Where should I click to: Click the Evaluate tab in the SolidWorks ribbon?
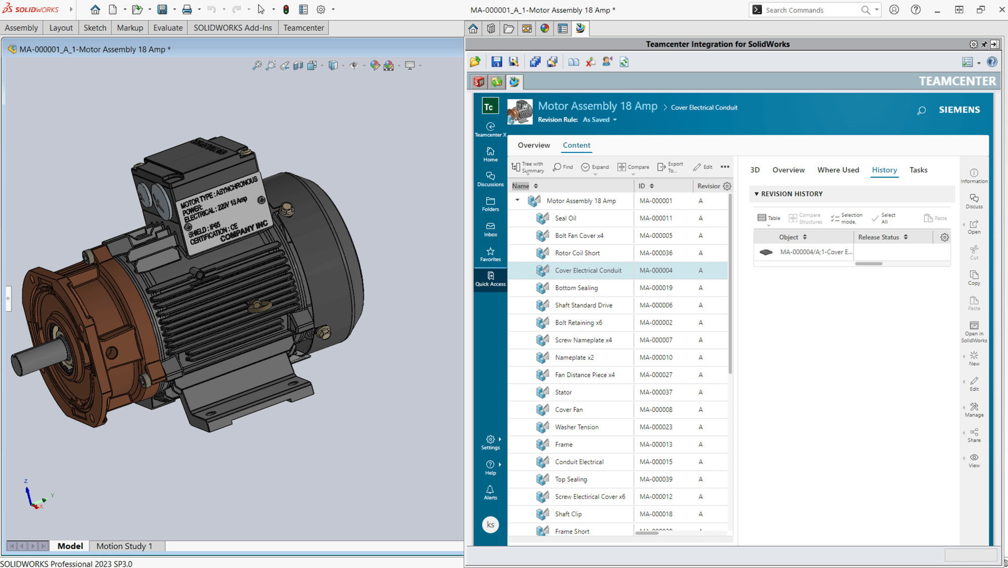coord(168,28)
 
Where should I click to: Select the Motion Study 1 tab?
coord(124,546)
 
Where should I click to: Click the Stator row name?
coord(563,392)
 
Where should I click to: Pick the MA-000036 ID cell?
coord(656,253)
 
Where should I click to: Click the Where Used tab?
coord(838,170)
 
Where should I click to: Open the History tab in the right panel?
coord(884,170)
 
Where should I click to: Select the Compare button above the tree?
coord(634,167)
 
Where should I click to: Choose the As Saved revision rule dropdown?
coord(600,120)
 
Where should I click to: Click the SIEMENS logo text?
coord(959,110)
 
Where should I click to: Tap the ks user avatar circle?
coord(490,525)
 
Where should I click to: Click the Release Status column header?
coord(878,237)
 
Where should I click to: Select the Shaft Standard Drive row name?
coord(583,305)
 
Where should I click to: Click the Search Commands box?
coord(811,10)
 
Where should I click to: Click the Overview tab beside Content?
coord(534,145)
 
